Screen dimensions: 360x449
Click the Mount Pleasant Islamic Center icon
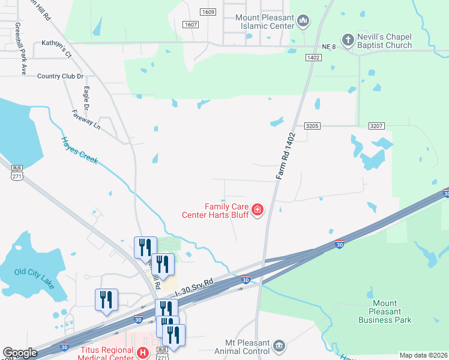[x=303, y=22]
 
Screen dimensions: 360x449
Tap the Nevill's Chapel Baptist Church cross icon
[x=347, y=40]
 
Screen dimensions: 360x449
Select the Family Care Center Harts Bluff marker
[x=258, y=209]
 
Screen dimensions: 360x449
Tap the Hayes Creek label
[x=79, y=150]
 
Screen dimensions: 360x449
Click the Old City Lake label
[x=34, y=277]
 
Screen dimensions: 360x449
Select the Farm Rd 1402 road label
[x=286, y=155]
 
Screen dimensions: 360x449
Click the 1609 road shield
[x=208, y=12]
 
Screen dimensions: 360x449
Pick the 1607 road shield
[x=191, y=24]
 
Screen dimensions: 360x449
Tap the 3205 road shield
[x=312, y=126]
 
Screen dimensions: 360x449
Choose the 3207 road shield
[x=376, y=126]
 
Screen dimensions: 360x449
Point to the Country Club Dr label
[x=60, y=76]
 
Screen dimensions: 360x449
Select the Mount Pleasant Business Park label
[x=385, y=311]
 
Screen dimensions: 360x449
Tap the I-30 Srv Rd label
[x=194, y=287]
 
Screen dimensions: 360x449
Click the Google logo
[x=20, y=353]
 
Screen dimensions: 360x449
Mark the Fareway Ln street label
[x=86, y=119]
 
